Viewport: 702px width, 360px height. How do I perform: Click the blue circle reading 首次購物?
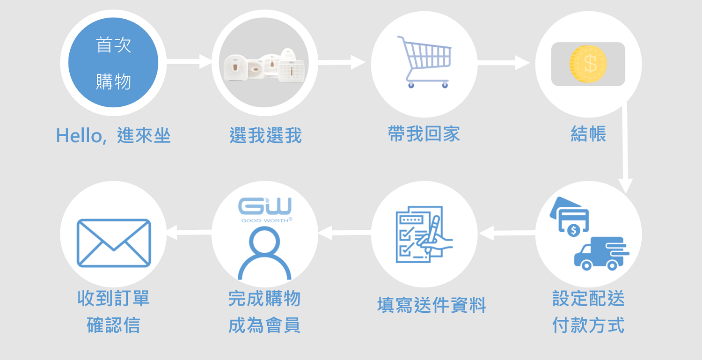113,63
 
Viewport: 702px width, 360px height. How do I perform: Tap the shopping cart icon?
424,62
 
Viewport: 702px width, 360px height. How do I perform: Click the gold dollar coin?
588,64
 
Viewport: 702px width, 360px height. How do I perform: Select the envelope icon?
114,243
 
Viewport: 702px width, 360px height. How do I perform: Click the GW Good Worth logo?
265,210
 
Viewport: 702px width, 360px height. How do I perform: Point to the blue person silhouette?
265,253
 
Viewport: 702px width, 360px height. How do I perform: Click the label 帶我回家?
424,134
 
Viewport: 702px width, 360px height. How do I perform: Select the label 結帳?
588,134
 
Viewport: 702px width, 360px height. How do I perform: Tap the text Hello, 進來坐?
113,136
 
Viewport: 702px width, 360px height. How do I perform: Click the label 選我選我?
265,136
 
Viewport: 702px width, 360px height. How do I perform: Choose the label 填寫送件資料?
431,305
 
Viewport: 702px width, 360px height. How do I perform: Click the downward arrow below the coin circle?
625,150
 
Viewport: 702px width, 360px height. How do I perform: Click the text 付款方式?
588,325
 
